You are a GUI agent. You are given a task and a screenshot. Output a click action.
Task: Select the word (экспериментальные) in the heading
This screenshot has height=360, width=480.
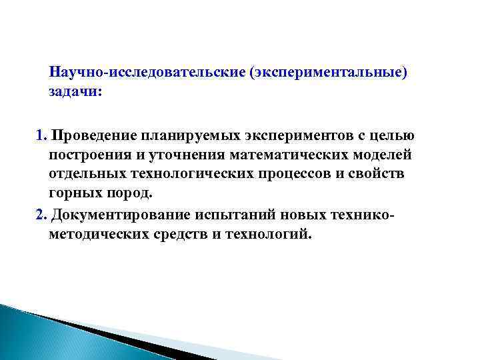[x=327, y=71]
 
